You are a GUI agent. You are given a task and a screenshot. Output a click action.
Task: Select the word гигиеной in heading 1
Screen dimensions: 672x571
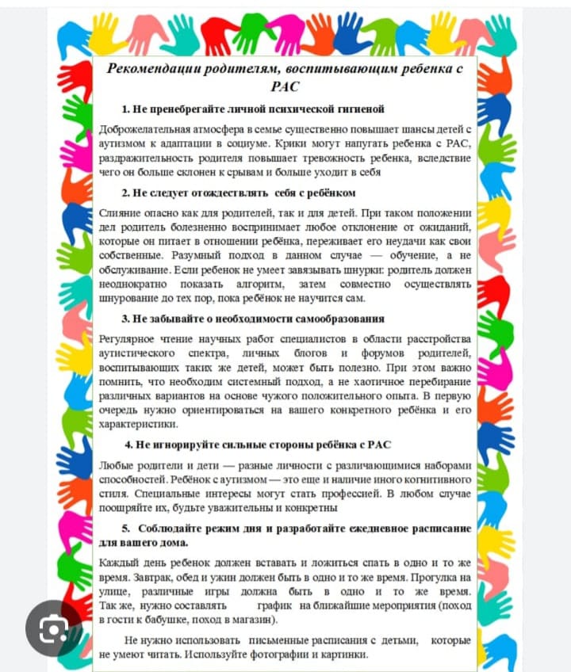pos(357,109)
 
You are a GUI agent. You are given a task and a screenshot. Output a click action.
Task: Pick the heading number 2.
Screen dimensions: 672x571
pos(125,193)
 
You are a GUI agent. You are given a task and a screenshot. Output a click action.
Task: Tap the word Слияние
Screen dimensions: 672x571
pos(120,213)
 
